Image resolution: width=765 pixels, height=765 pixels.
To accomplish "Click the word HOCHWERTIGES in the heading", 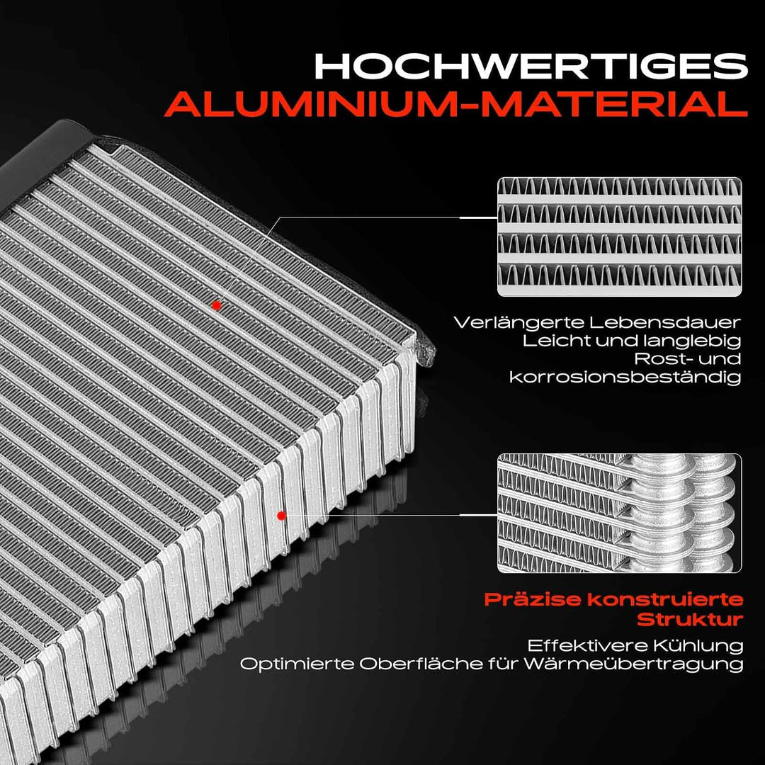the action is click(531, 66).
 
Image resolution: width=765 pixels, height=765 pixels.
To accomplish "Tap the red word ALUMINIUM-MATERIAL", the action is click(455, 103).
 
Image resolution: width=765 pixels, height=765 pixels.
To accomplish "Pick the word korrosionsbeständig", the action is click(625, 377).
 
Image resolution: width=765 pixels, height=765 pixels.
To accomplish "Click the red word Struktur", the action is click(690, 620).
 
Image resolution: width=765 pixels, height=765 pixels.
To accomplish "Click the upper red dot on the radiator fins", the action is click(217, 306).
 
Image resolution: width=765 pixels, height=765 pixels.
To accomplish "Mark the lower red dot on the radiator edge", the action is click(281, 515).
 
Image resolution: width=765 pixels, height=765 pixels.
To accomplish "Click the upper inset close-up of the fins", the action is click(619, 237).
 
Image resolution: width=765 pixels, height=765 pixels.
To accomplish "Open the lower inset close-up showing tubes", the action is click(619, 514).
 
